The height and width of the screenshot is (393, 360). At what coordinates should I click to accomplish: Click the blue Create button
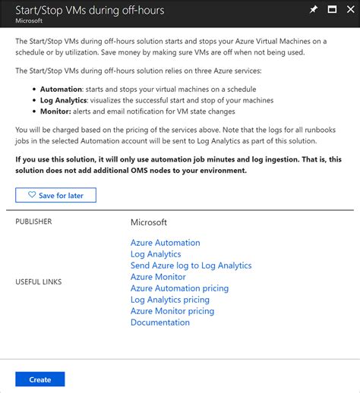point(40,379)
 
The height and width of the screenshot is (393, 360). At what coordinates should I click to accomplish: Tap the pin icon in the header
point(314,9)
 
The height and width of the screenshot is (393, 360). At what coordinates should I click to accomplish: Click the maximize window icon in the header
point(331,9)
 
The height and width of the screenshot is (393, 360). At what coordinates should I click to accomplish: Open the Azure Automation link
point(165,243)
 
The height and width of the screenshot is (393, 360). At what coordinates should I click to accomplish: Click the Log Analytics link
point(156,254)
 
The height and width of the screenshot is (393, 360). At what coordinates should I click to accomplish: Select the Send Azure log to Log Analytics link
point(191,266)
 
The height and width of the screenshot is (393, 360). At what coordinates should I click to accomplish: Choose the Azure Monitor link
point(158,277)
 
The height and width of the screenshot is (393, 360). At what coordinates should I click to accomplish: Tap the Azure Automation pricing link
point(179,288)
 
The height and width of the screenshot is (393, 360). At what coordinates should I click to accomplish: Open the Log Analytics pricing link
point(169,300)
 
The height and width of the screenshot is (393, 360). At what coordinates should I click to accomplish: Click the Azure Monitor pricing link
point(172,311)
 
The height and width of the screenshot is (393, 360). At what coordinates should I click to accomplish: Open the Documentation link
point(159,322)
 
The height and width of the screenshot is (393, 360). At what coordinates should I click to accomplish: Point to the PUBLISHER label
point(34,222)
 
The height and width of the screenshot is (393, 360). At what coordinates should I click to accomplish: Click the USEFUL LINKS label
point(39,282)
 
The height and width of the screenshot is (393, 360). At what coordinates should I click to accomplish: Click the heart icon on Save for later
point(32,195)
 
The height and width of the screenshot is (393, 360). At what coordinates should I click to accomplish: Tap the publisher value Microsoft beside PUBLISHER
point(149,222)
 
